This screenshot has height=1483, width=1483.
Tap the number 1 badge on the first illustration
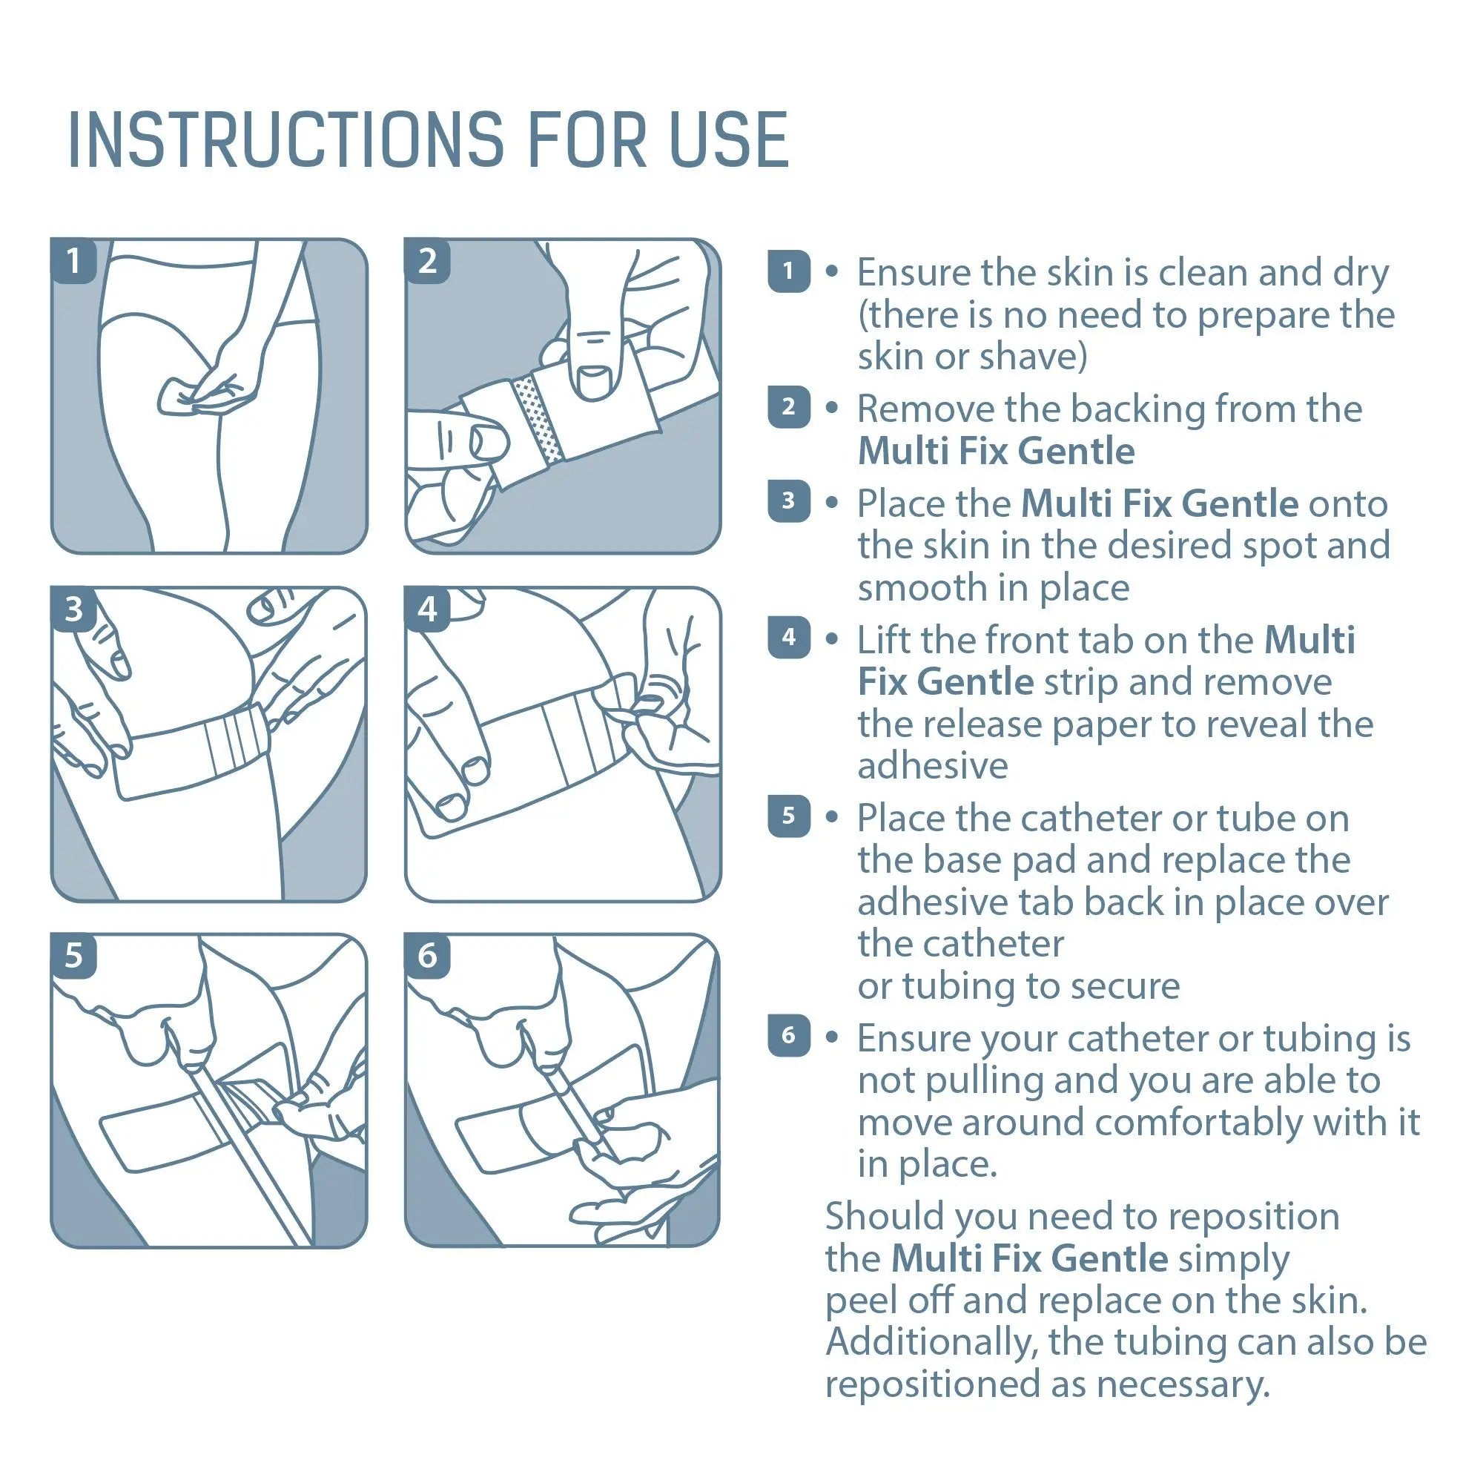pos(73,261)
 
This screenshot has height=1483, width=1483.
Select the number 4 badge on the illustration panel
pos(428,610)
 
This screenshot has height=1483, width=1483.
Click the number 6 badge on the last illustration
pos(428,956)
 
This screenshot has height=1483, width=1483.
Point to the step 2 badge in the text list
pos(788,407)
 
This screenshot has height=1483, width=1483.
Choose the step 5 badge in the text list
pos(788,815)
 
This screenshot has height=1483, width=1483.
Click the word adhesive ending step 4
pos(932,766)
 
